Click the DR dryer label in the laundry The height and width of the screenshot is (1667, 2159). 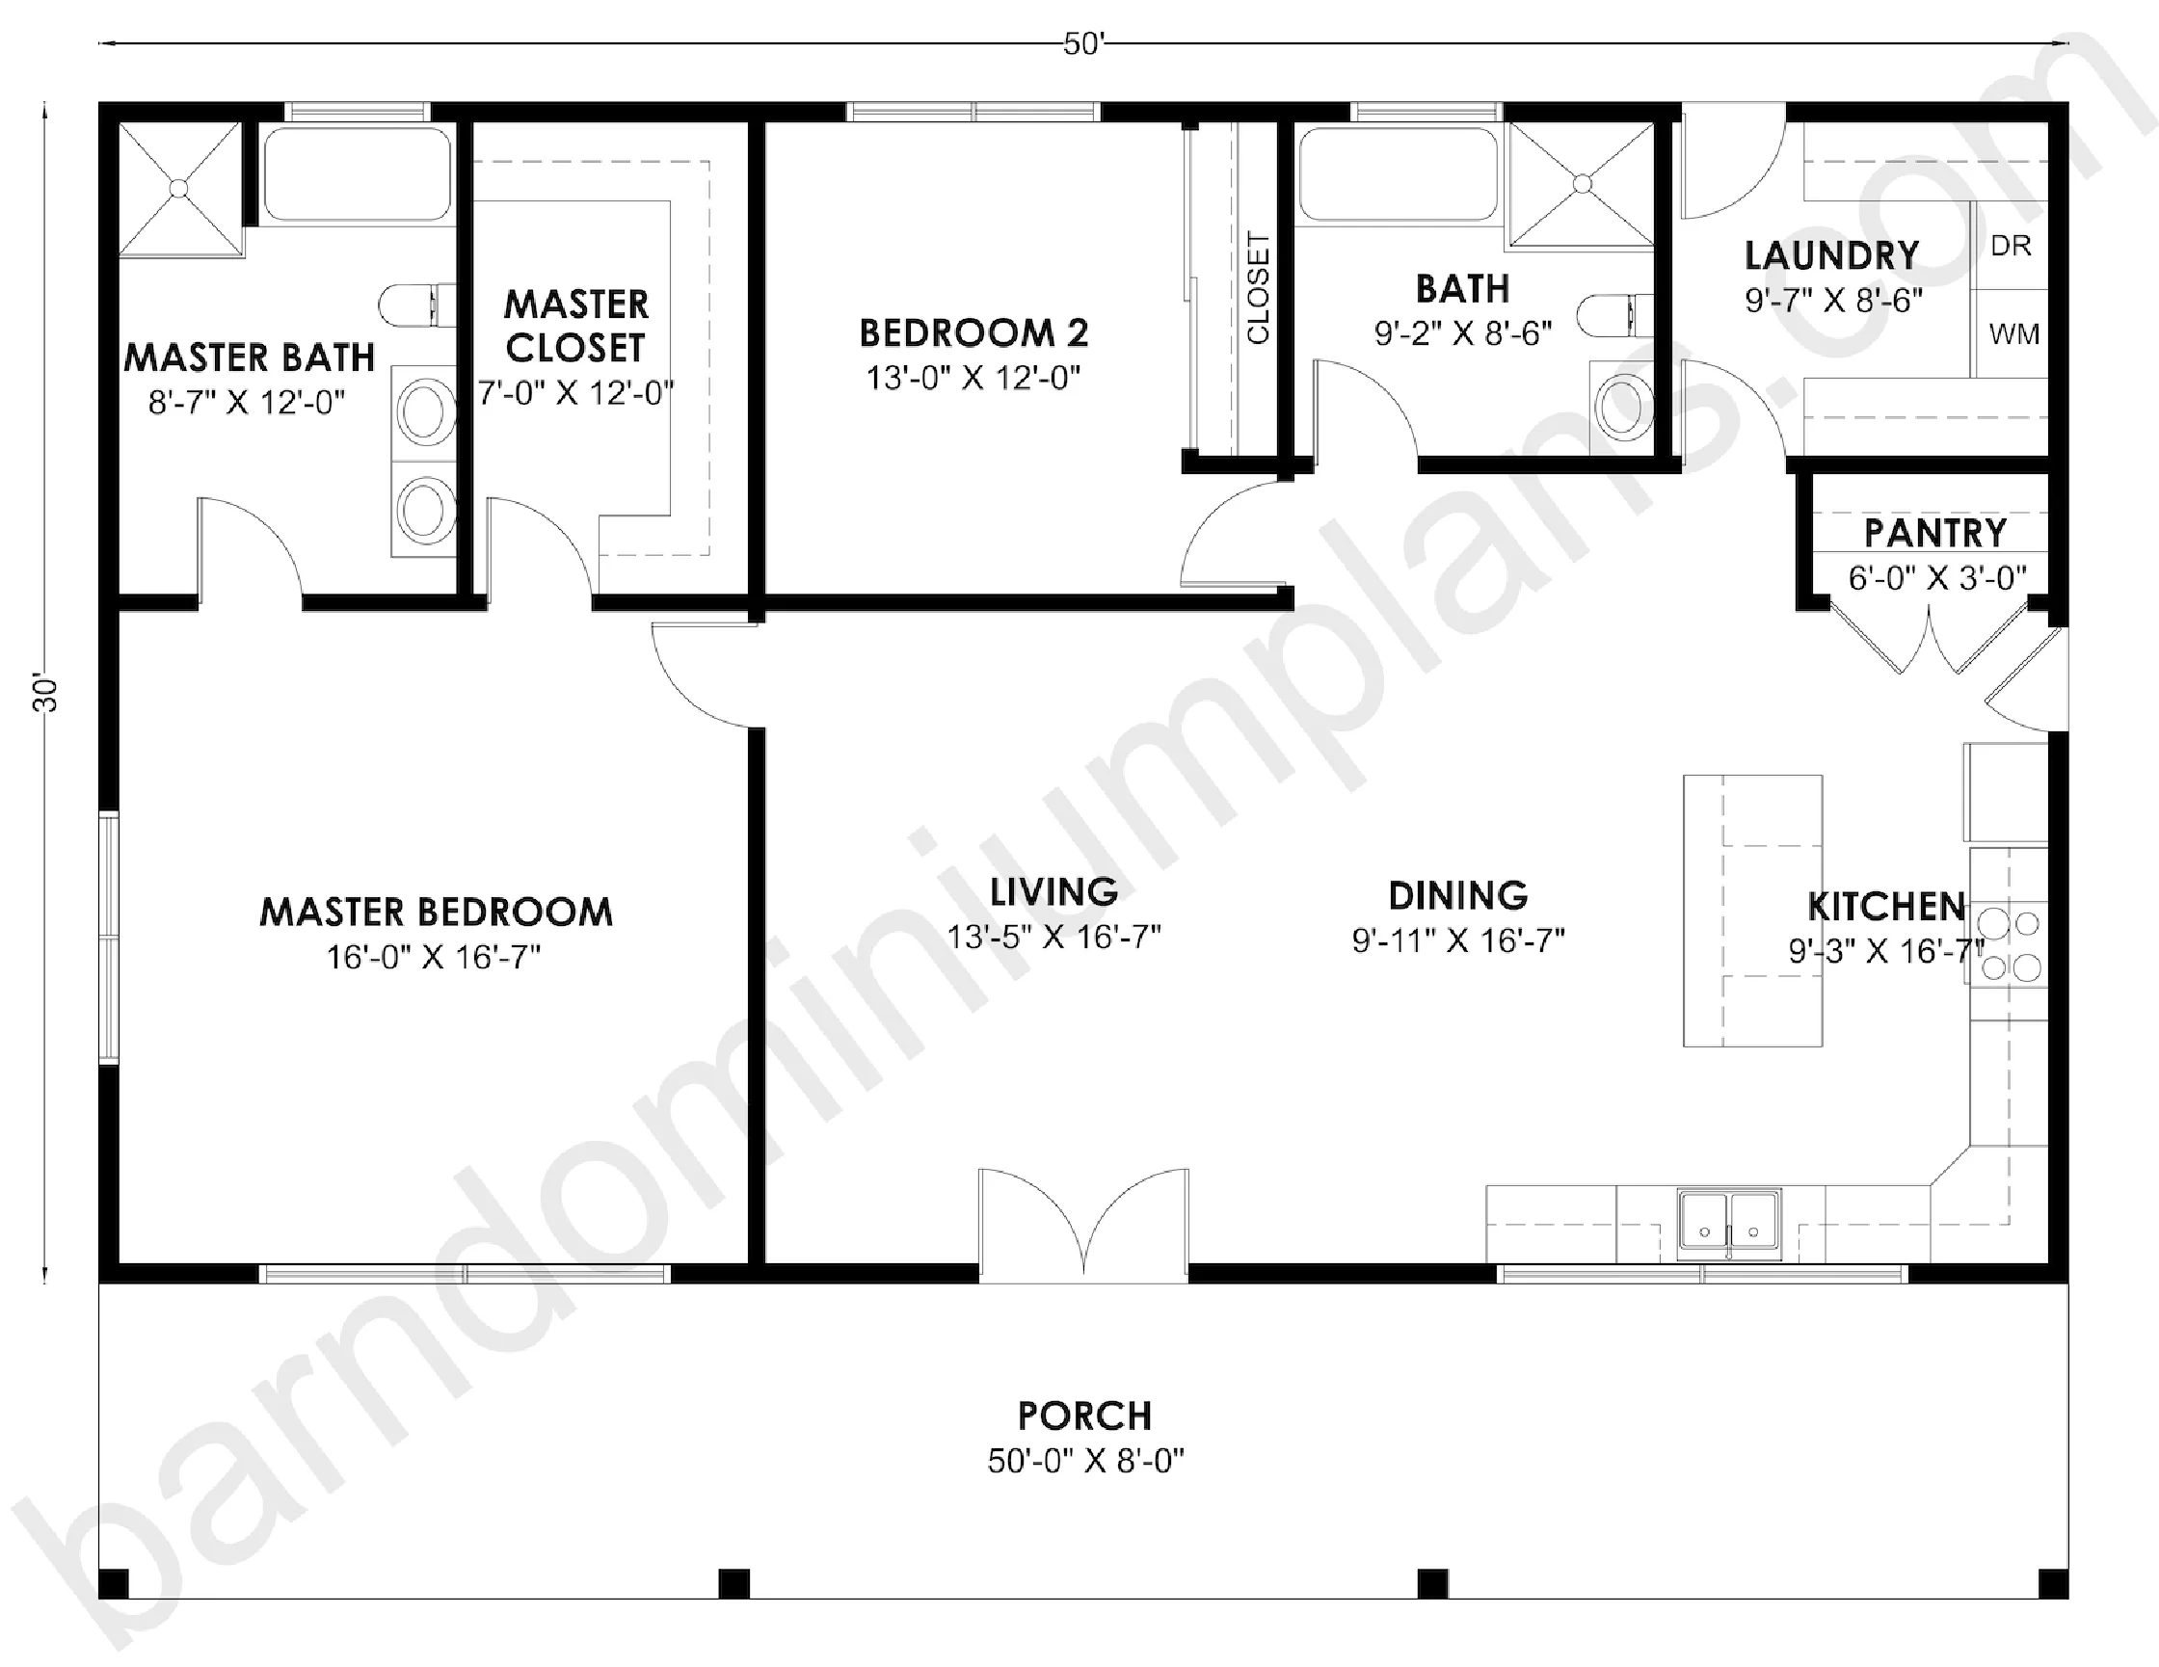pyautogui.click(x=2011, y=245)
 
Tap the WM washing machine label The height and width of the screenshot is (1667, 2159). pyautogui.click(x=2013, y=334)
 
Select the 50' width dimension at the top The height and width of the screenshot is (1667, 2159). pyautogui.click(x=1083, y=44)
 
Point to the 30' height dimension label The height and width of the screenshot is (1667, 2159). pyautogui.click(x=45, y=695)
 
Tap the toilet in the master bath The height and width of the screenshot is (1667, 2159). pyautogui.click(x=417, y=305)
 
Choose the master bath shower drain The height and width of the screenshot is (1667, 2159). pyautogui.click(x=179, y=188)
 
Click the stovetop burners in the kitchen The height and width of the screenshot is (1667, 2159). pyautogui.click(x=2010, y=945)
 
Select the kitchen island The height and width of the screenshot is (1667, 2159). pyautogui.click(x=1752, y=910)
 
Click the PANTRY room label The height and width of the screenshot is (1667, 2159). pyautogui.click(x=1935, y=534)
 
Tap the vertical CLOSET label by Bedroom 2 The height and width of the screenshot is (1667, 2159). pyautogui.click(x=1258, y=287)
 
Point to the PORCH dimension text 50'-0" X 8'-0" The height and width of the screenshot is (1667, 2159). pyautogui.click(x=1085, y=1461)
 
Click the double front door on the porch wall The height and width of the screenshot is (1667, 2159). pyautogui.click(x=1084, y=1224)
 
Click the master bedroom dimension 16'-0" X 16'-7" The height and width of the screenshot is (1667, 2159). pyautogui.click(x=434, y=957)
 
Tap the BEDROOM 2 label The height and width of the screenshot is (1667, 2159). pyautogui.click(x=973, y=333)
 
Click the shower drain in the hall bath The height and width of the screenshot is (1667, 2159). pyautogui.click(x=1582, y=184)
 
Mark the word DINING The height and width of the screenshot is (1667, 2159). pyautogui.click(x=1458, y=895)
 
